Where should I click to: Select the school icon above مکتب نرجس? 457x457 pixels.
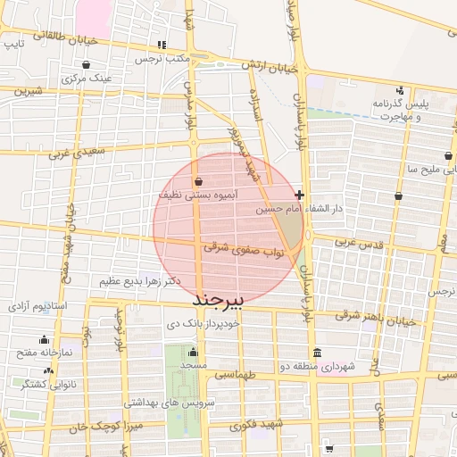click(x=162, y=45)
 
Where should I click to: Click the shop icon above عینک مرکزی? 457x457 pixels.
click(x=85, y=64)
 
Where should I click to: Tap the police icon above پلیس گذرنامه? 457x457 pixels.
click(x=399, y=89)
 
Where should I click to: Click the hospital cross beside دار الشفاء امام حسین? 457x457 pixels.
click(x=299, y=195)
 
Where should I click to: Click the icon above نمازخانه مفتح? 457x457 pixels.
click(x=45, y=339)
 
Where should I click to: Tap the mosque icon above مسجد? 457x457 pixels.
click(x=192, y=352)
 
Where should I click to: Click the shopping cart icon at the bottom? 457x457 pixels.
click(x=330, y=448)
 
